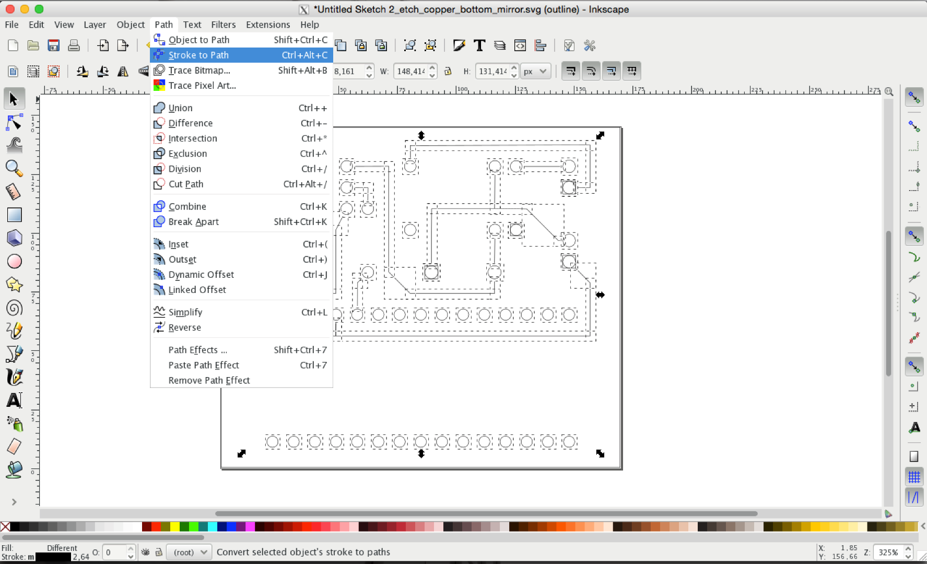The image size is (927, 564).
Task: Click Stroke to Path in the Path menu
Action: tap(198, 55)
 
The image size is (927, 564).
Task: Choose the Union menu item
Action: tap(180, 108)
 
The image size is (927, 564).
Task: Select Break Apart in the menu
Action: tap(193, 222)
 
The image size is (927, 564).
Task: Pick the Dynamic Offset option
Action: tap(201, 275)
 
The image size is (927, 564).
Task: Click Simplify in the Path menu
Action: tap(185, 312)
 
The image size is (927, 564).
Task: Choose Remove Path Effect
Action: tap(209, 381)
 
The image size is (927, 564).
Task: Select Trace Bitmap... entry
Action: tap(199, 70)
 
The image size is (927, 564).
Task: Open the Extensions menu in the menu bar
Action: tap(267, 25)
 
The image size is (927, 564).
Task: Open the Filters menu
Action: tap(223, 25)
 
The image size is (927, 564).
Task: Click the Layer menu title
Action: tap(95, 25)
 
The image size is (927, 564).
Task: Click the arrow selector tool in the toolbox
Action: tap(14, 99)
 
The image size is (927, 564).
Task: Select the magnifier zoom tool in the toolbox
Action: tap(14, 168)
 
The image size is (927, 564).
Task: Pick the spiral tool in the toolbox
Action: tap(14, 308)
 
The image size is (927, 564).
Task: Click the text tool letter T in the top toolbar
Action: tap(479, 45)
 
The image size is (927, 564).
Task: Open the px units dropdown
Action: tap(535, 71)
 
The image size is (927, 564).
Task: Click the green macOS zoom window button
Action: tap(39, 9)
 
